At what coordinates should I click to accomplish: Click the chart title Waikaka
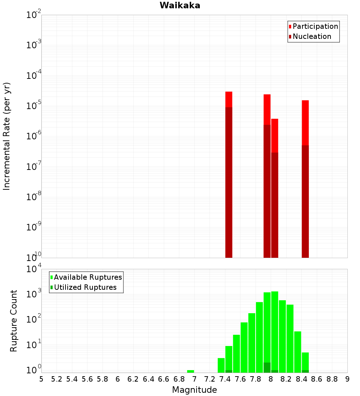pos(180,5)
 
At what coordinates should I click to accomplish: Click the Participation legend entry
pos(315,27)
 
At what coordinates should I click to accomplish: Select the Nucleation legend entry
pos(311,37)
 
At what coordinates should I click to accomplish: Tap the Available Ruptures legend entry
pos(87,277)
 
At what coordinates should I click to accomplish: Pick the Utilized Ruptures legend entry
pos(85,287)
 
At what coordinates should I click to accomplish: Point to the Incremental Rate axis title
pos(7,136)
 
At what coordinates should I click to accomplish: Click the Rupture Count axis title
pos(14,320)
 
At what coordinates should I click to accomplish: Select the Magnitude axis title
pos(194,390)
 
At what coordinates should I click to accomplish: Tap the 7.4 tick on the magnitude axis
pos(225,379)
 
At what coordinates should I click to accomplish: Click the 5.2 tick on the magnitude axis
pos(57,379)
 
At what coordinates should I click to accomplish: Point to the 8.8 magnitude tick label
pos(332,379)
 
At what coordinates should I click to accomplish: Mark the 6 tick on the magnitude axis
pos(118,379)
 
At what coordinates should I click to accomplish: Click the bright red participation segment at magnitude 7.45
pos(229,99)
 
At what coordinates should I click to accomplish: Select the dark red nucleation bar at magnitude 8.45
pos(305,202)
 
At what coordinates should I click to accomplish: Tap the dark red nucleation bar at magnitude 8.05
pos(275,205)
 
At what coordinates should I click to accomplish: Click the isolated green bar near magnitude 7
pos(190,371)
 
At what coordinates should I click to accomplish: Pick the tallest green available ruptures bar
pos(275,331)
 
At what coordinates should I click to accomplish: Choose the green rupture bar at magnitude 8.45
pos(305,360)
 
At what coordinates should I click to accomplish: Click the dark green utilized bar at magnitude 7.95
pos(267,368)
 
